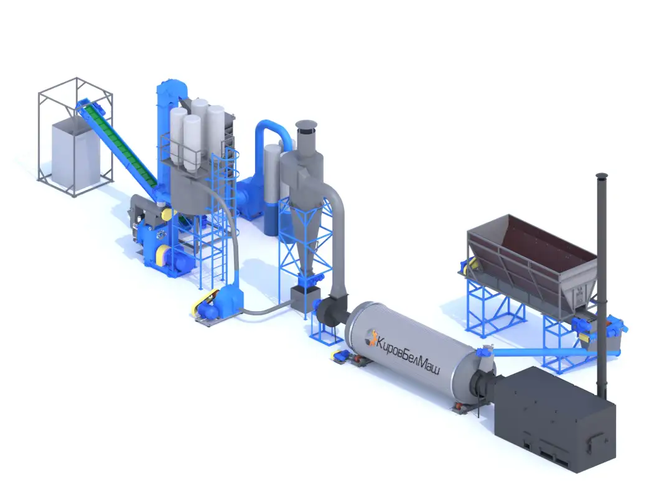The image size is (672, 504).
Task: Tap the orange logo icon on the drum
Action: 370,337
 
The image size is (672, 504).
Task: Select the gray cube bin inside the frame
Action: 76,154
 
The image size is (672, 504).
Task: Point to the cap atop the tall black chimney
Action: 602,175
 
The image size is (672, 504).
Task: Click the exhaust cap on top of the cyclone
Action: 306,124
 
